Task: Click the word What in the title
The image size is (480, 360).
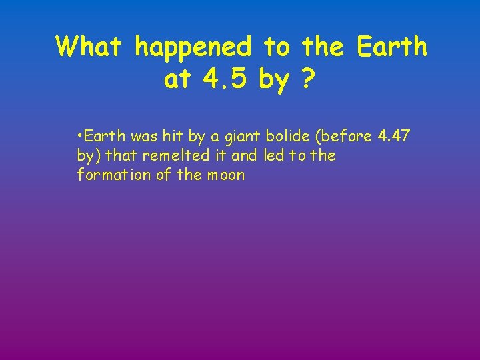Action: [91, 47]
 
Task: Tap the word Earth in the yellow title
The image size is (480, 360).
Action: [392, 47]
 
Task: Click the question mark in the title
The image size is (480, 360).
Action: [308, 80]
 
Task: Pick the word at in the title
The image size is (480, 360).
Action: [176, 80]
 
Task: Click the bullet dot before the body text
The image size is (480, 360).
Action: [79, 136]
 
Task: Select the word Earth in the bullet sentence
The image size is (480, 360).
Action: [105, 137]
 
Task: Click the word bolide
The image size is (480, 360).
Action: [289, 137]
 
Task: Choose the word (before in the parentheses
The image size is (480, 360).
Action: [345, 137]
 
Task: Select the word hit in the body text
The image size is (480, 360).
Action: [176, 137]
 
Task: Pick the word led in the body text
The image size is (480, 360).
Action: [273, 156]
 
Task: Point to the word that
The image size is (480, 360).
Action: [120, 156]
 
